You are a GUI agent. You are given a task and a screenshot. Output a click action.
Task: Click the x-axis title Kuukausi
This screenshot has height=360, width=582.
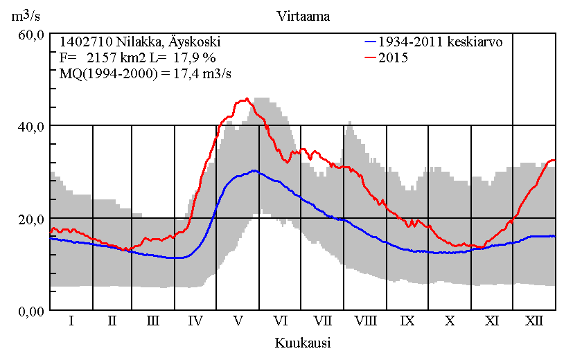(x=302, y=343)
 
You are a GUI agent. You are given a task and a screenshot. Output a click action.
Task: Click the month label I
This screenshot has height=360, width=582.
(x=71, y=321)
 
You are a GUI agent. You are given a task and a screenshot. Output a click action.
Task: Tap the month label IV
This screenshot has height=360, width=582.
(x=195, y=321)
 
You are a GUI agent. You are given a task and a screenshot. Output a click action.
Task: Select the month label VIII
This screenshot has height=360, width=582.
(x=365, y=321)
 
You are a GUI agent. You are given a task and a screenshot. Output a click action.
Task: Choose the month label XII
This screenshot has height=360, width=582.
(x=534, y=321)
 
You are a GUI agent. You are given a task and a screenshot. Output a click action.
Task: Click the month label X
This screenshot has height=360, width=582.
(x=450, y=321)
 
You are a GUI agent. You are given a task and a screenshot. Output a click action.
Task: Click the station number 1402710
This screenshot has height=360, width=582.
(x=85, y=42)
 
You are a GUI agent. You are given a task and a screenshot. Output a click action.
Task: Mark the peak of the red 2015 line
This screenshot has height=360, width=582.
(x=247, y=98)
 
